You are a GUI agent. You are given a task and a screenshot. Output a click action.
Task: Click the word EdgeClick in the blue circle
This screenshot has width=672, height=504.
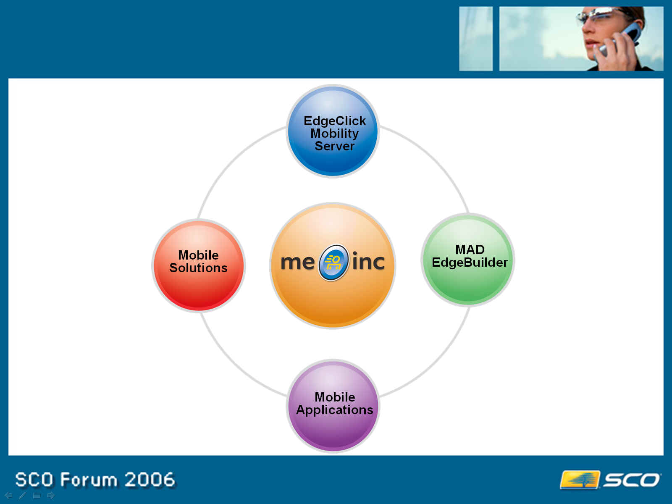[x=334, y=121]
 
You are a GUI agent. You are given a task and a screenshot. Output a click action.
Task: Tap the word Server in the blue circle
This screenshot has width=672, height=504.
[x=334, y=146]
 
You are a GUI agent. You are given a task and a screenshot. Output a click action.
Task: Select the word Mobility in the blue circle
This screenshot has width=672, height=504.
[x=334, y=134]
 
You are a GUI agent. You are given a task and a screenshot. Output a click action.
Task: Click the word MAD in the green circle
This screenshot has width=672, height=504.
[x=470, y=250]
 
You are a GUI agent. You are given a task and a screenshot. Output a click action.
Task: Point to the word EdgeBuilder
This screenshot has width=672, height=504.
[x=470, y=262]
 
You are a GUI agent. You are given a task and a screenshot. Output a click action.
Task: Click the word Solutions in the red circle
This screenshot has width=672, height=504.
[x=198, y=268]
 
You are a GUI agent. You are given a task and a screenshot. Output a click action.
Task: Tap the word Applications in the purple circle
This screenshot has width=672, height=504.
[x=335, y=410]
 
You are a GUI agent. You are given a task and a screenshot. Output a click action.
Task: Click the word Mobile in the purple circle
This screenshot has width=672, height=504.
[x=335, y=397]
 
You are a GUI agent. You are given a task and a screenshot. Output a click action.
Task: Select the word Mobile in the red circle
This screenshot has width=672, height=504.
[x=198, y=255]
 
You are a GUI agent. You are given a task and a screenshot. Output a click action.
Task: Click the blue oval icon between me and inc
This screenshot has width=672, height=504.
[x=333, y=262]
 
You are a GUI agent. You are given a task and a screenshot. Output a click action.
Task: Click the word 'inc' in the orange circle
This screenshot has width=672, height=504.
[x=368, y=261]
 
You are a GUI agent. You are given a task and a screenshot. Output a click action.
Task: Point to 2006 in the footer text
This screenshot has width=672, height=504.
[x=150, y=479]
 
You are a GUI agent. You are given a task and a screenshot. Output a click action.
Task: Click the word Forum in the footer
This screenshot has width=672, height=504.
[x=89, y=479]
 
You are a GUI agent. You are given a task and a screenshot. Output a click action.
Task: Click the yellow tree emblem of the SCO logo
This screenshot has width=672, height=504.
[x=580, y=480]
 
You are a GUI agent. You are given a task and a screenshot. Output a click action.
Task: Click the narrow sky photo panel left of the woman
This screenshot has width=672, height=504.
[x=476, y=39]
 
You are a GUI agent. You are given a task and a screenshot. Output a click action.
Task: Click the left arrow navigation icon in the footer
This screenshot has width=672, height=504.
[x=8, y=495]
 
